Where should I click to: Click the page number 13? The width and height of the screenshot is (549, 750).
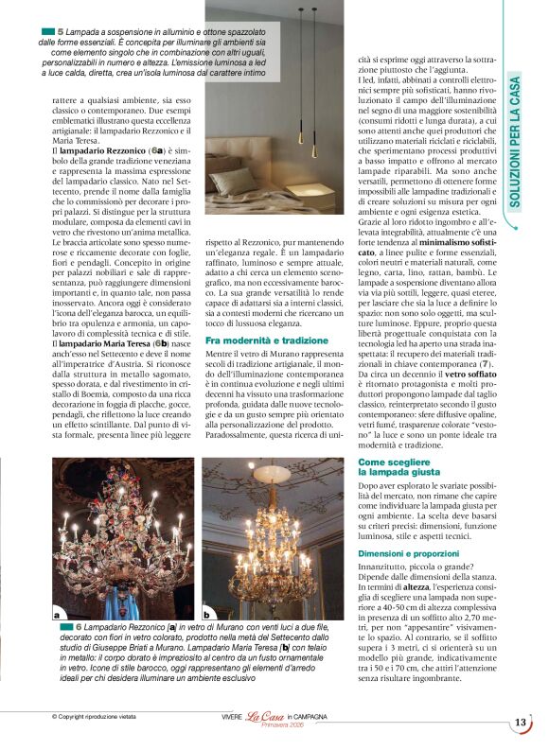coord(520,724)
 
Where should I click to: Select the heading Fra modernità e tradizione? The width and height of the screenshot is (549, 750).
coord(254,338)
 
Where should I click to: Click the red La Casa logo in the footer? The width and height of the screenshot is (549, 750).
coord(263,718)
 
